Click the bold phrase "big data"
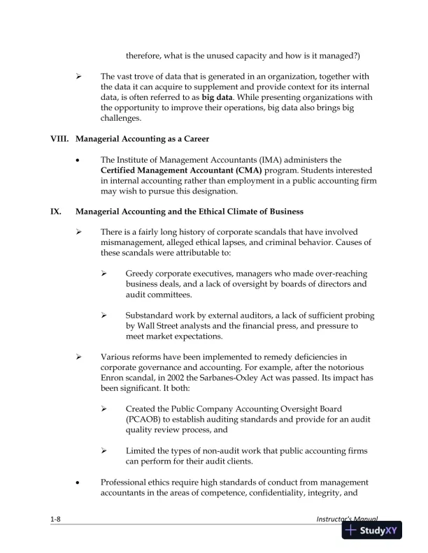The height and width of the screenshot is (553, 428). pyautogui.click(x=220, y=98)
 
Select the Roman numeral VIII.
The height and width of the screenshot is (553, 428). pyautogui.click(x=59, y=138)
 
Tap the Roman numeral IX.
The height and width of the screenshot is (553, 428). pyautogui.click(x=56, y=211)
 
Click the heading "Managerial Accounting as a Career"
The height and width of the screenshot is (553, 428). pyautogui.click(x=142, y=138)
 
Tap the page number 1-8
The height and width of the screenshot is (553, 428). pyautogui.click(x=55, y=520)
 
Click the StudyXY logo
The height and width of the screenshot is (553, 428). pyautogui.click(x=371, y=530)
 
